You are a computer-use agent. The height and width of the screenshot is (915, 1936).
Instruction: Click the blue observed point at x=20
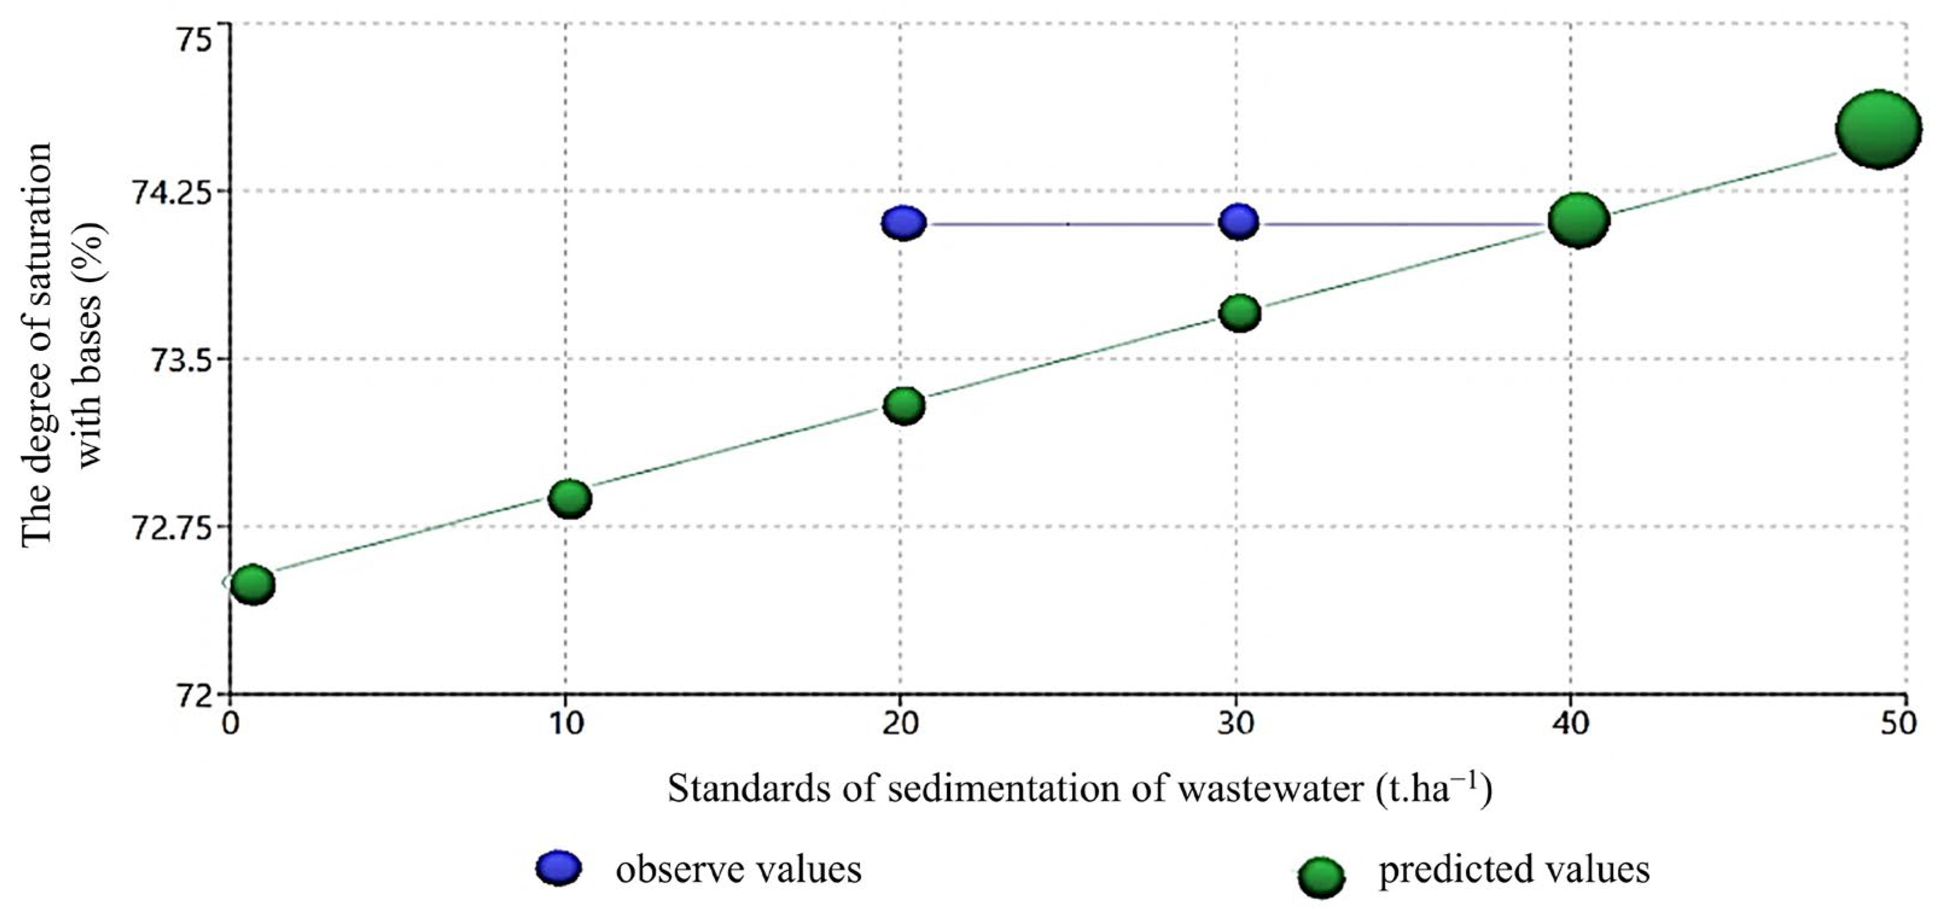tap(903, 222)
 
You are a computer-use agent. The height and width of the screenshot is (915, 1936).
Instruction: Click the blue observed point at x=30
tap(1239, 222)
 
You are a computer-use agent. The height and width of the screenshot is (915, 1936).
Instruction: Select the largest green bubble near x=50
tap(1878, 129)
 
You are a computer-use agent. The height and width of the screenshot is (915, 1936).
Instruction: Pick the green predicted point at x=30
tap(1239, 312)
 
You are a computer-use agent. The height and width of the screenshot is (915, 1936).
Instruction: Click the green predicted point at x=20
tap(903, 406)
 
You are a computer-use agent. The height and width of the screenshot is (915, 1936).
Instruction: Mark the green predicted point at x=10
tap(570, 498)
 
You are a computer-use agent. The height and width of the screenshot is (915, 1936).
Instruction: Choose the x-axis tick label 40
tap(1570, 724)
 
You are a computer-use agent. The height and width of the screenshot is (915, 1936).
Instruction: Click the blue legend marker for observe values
tap(558, 868)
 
